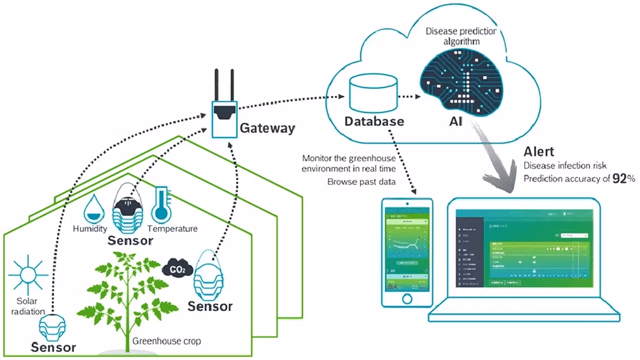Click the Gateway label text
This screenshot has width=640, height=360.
[x=267, y=128]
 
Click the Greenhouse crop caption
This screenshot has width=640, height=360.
[x=167, y=341]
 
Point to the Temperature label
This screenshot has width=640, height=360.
[x=173, y=229]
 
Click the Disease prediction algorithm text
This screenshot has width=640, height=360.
[x=453, y=36]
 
